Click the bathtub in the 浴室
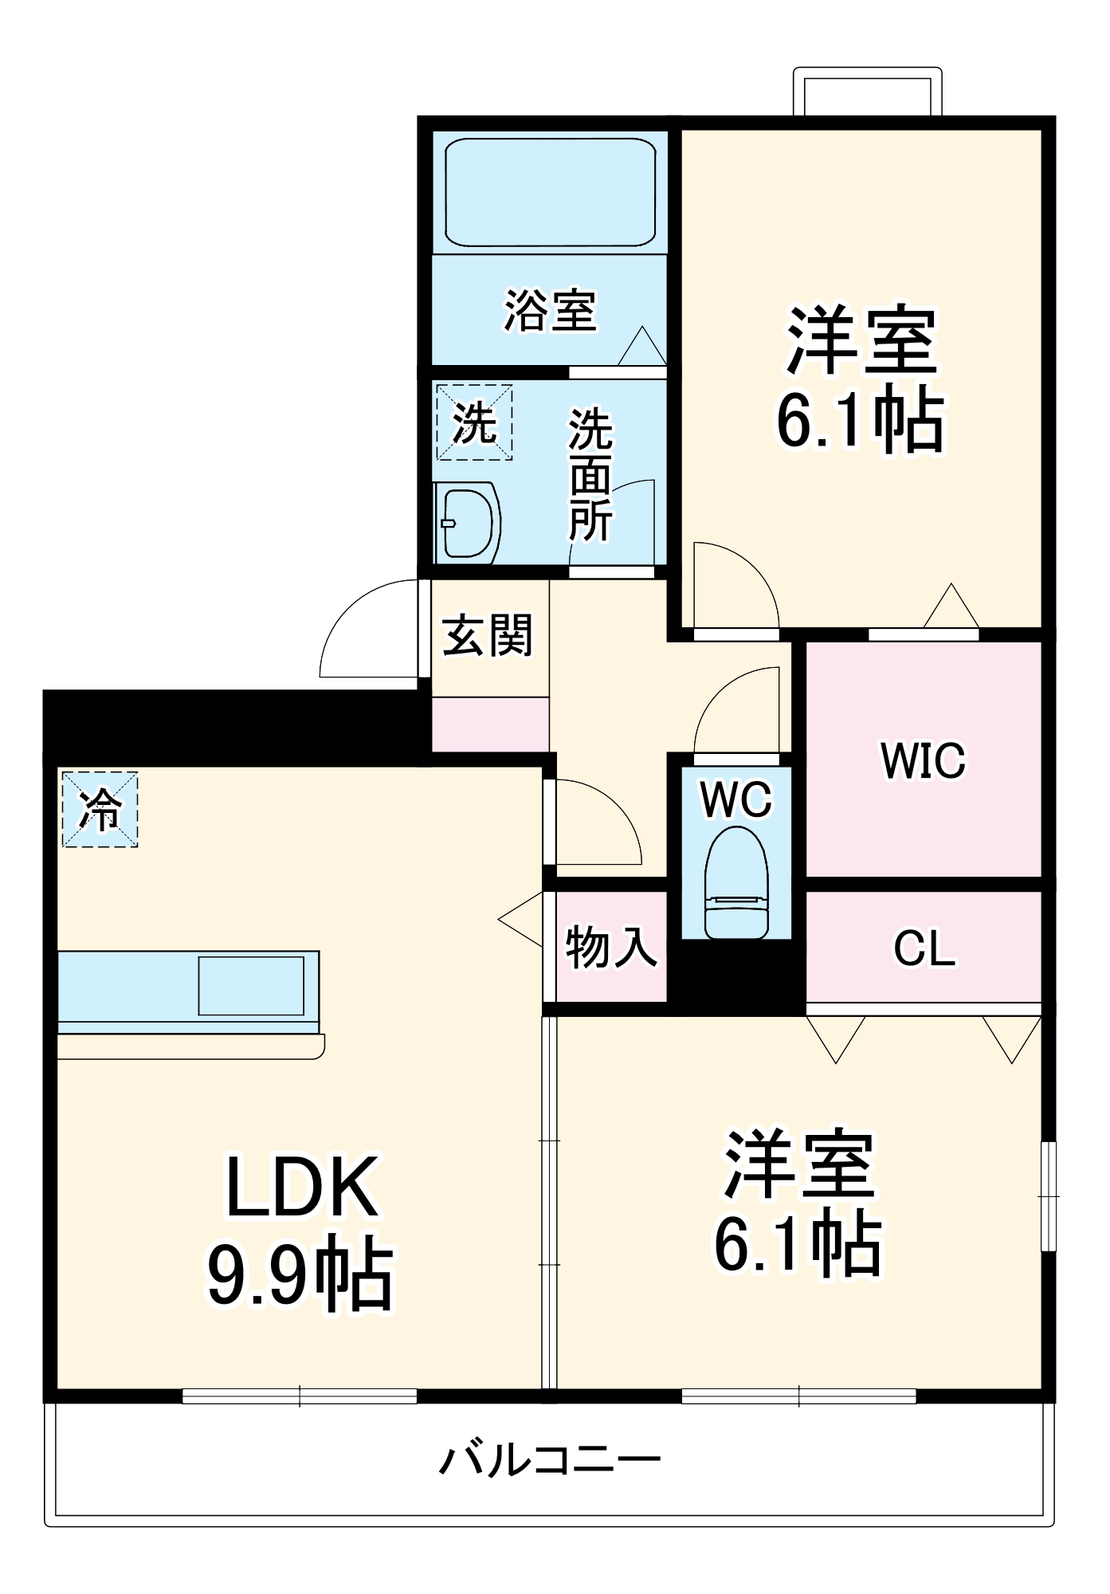pyautogui.click(x=550, y=192)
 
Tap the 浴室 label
pyautogui.click(x=550, y=310)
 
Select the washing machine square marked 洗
pyautogui.click(x=474, y=422)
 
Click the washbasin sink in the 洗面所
pyautogui.click(x=468, y=523)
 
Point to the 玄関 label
pyautogui.click(x=488, y=635)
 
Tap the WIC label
pyautogui.click(x=923, y=760)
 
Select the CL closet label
pyautogui.click(x=924, y=948)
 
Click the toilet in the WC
pyautogui.click(x=737, y=885)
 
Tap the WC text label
pyautogui.click(x=736, y=799)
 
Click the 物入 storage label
pyautogui.click(x=611, y=948)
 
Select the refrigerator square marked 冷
pyautogui.click(x=100, y=809)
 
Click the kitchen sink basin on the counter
pyautogui.click(x=251, y=986)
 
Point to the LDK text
pyautogui.click(x=302, y=1187)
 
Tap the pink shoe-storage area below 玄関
pyautogui.click(x=490, y=724)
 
